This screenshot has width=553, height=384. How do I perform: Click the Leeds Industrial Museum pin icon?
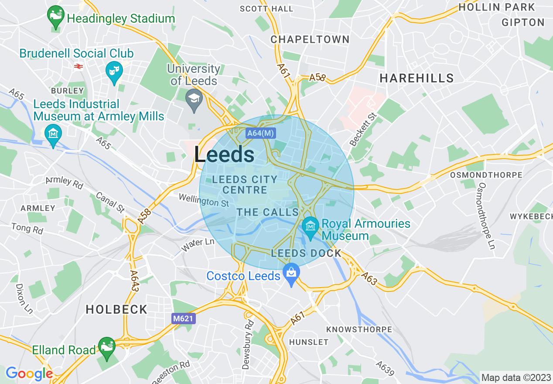(53, 134)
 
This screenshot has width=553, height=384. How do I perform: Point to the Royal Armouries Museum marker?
(311, 227)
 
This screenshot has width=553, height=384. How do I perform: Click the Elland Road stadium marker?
(106, 347)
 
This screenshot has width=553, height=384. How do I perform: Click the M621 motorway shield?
(183, 319)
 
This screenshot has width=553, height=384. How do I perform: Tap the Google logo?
(29, 373)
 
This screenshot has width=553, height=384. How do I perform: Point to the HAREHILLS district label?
(416, 78)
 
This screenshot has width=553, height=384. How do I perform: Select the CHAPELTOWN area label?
(310, 39)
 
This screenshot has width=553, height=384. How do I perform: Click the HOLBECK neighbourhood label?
(116, 309)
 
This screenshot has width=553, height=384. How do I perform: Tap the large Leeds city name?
(224, 154)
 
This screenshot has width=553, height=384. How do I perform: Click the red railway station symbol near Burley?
(79, 66)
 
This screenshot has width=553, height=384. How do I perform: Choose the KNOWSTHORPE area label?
(359, 329)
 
